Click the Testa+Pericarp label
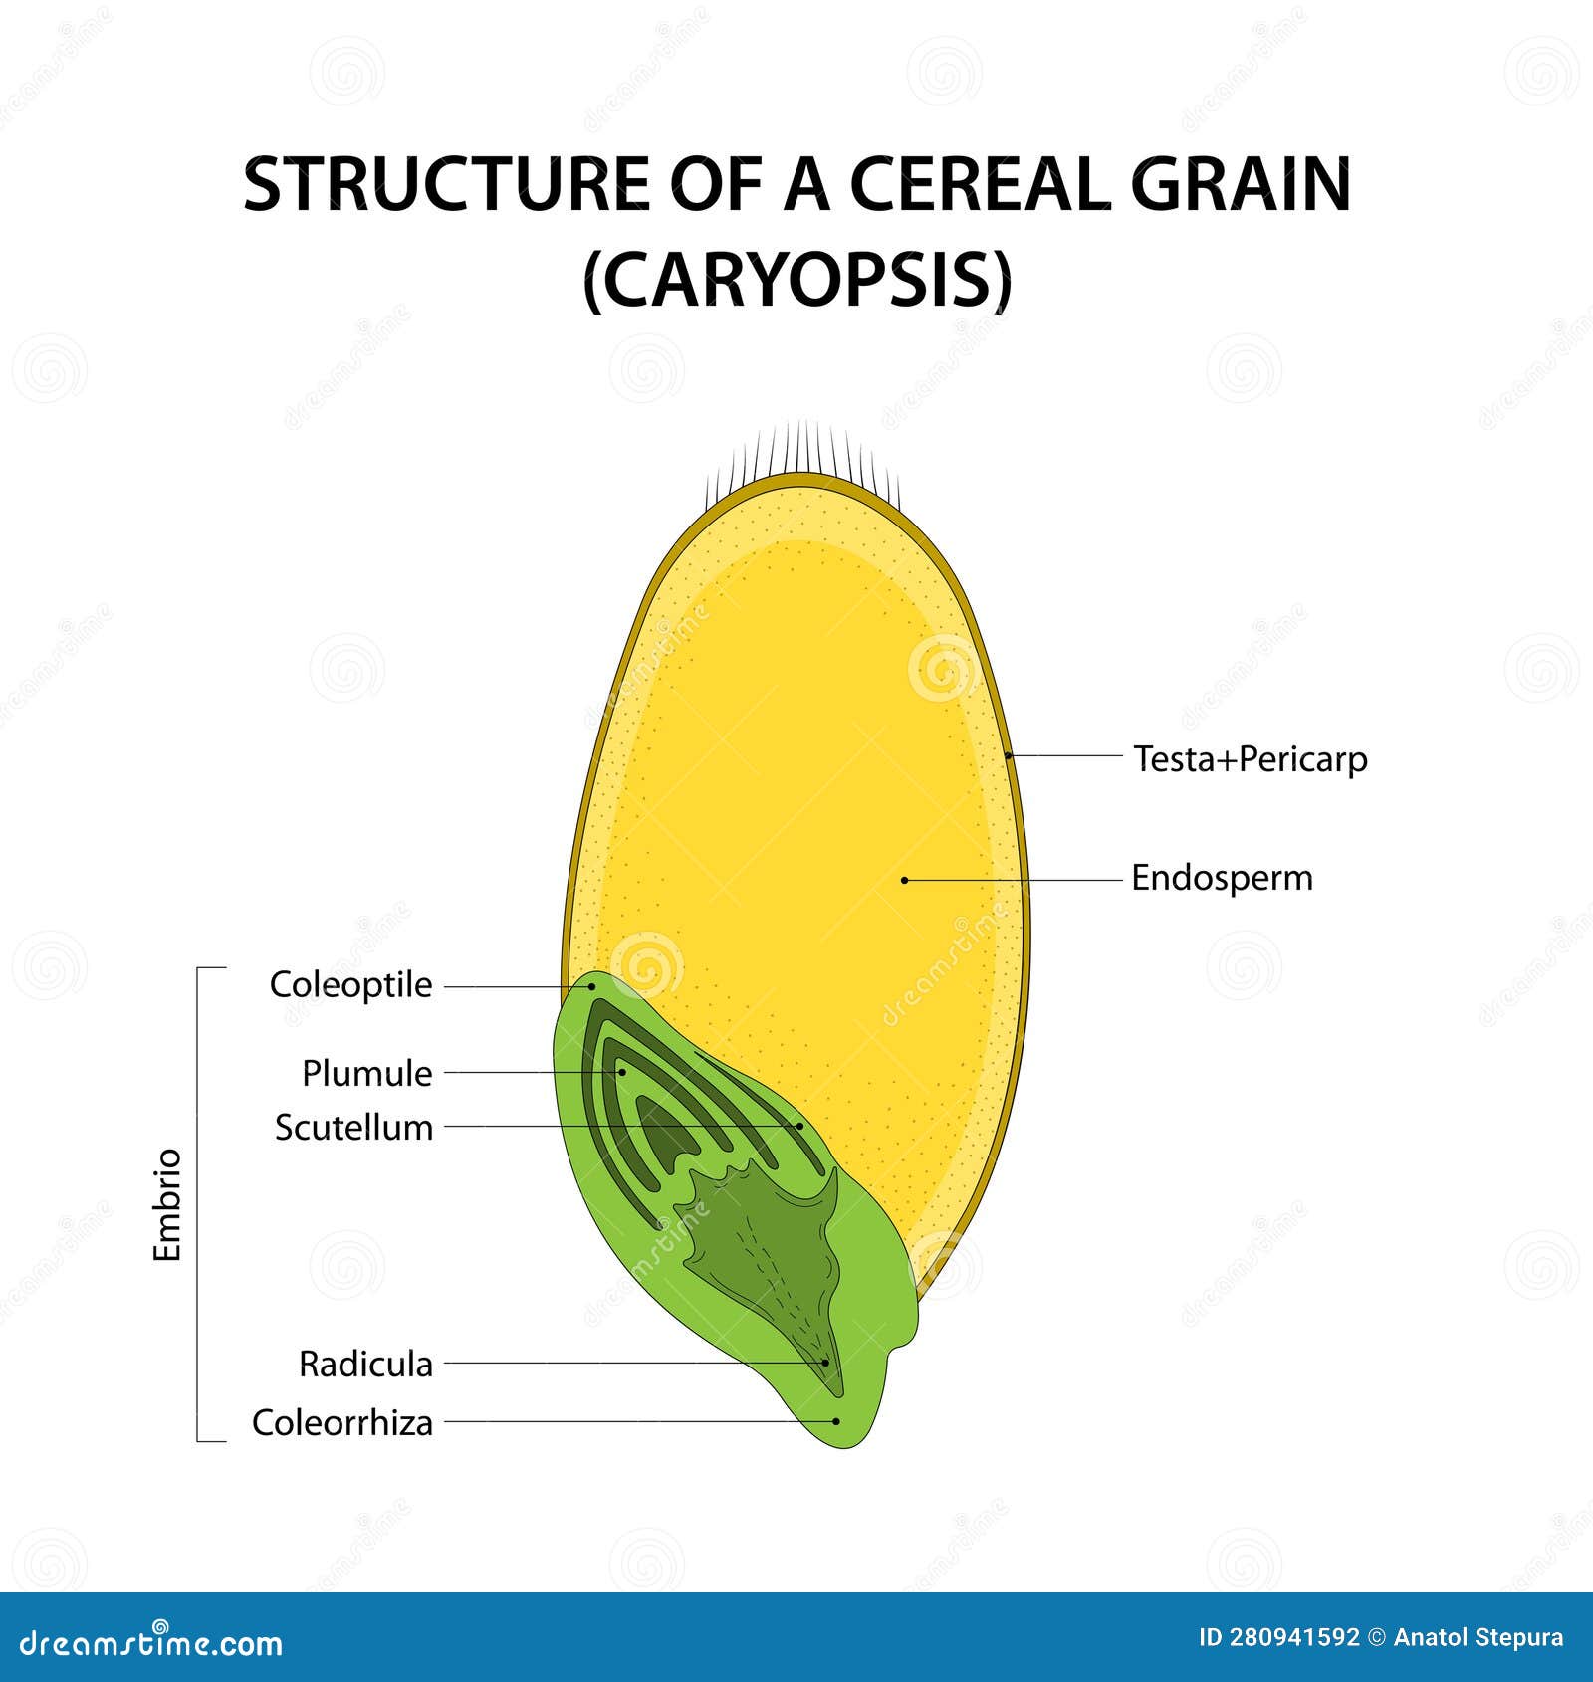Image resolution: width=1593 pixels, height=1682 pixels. (x=1251, y=759)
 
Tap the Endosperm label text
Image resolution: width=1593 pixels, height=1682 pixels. (x=1222, y=878)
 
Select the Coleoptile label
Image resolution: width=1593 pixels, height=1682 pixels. (x=350, y=985)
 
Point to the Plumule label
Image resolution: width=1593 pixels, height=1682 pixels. (x=366, y=1073)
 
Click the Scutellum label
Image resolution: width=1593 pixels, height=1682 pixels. (x=353, y=1128)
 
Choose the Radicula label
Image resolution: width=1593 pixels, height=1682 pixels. (x=365, y=1364)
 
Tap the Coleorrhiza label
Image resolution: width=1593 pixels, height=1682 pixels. (x=341, y=1422)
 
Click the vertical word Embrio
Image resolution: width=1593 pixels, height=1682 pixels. (x=167, y=1204)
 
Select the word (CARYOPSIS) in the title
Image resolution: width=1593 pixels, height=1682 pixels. (x=796, y=281)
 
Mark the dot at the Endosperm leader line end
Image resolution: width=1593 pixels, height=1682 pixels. (x=904, y=880)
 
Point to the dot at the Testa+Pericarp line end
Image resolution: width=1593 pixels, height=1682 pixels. (x=1009, y=756)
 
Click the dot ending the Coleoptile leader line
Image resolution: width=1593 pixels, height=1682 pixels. (x=591, y=986)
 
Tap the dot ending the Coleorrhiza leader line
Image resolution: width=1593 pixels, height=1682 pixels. (x=836, y=1422)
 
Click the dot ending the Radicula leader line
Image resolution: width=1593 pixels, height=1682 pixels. (x=825, y=1363)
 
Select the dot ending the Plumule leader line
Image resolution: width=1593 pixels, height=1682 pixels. (x=621, y=1072)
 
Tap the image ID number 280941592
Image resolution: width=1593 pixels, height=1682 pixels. (x=1292, y=1638)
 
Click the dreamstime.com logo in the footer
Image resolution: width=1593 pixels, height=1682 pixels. (x=151, y=1642)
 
